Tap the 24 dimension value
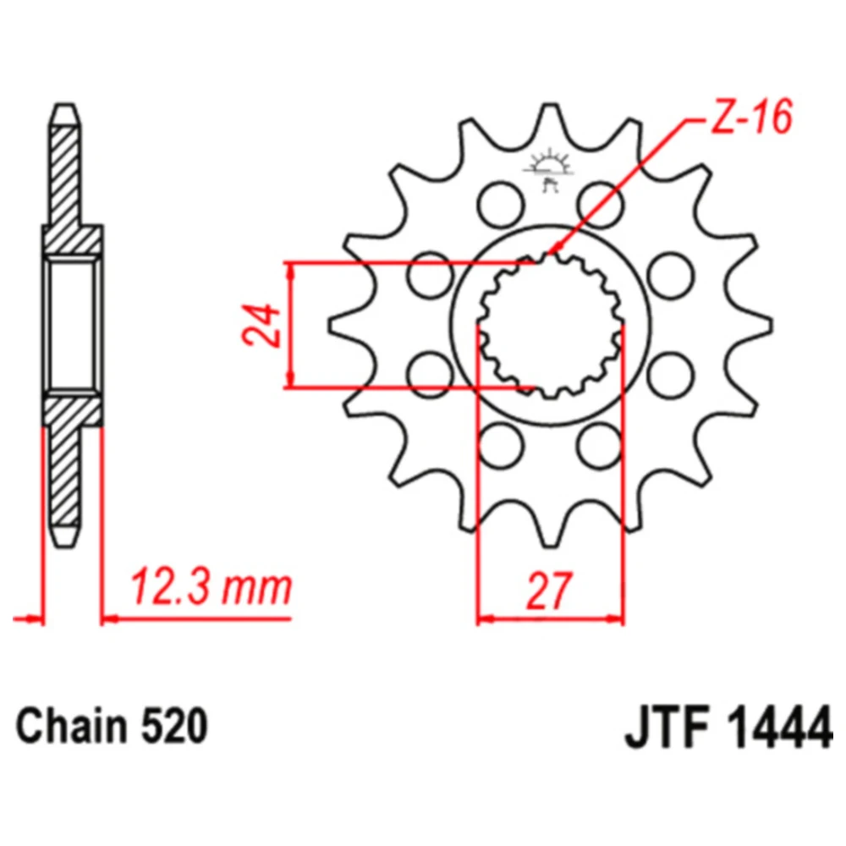[x=261, y=326]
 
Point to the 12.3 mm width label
[x=211, y=587]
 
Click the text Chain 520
[x=112, y=726]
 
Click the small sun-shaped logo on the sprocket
[x=549, y=168]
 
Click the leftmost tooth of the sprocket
[x=341, y=326]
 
